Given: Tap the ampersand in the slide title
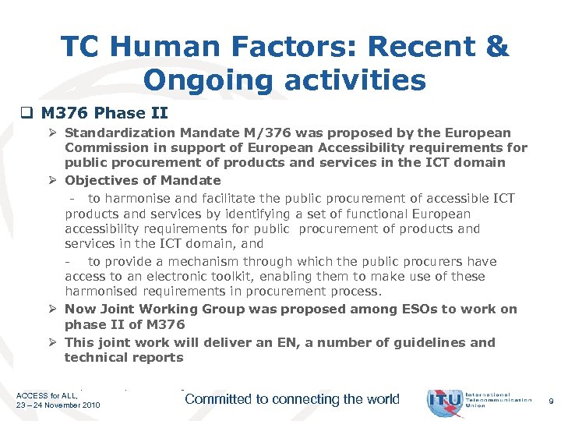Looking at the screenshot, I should [x=496, y=48].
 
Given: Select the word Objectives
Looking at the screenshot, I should [x=102, y=181].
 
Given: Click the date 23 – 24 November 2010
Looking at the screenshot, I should [x=58, y=406].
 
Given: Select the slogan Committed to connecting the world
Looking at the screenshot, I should [x=292, y=399].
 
